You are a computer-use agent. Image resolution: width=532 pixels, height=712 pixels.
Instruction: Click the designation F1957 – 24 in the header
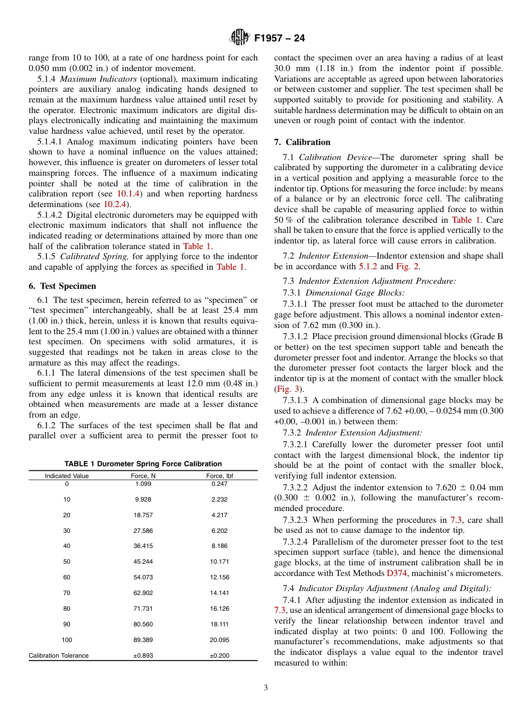(x=279, y=39)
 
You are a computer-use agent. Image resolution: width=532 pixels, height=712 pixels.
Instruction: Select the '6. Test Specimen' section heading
(x=62, y=286)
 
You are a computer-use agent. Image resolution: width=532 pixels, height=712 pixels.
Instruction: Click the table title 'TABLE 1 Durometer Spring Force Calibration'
(x=143, y=463)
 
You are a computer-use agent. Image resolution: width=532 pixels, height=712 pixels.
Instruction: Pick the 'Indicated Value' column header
(x=67, y=476)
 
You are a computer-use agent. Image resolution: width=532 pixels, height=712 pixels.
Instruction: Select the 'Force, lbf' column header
(x=220, y=476)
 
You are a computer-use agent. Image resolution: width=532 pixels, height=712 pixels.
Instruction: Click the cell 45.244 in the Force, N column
(x=143, y=561)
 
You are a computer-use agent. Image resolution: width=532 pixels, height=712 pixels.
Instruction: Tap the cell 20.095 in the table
(x=220, y=640)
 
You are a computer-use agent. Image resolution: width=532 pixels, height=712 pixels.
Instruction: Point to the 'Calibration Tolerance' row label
(x=59, y=655)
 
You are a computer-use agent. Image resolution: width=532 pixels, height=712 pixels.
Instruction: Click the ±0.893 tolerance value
(x=143, y=655)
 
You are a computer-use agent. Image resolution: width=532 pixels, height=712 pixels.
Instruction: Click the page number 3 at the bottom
(x=266, y=688)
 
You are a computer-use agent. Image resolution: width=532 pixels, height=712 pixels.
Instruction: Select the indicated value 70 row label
(x=67, y=593)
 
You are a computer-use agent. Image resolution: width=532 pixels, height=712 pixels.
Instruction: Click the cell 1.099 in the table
(x=143, y=484)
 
